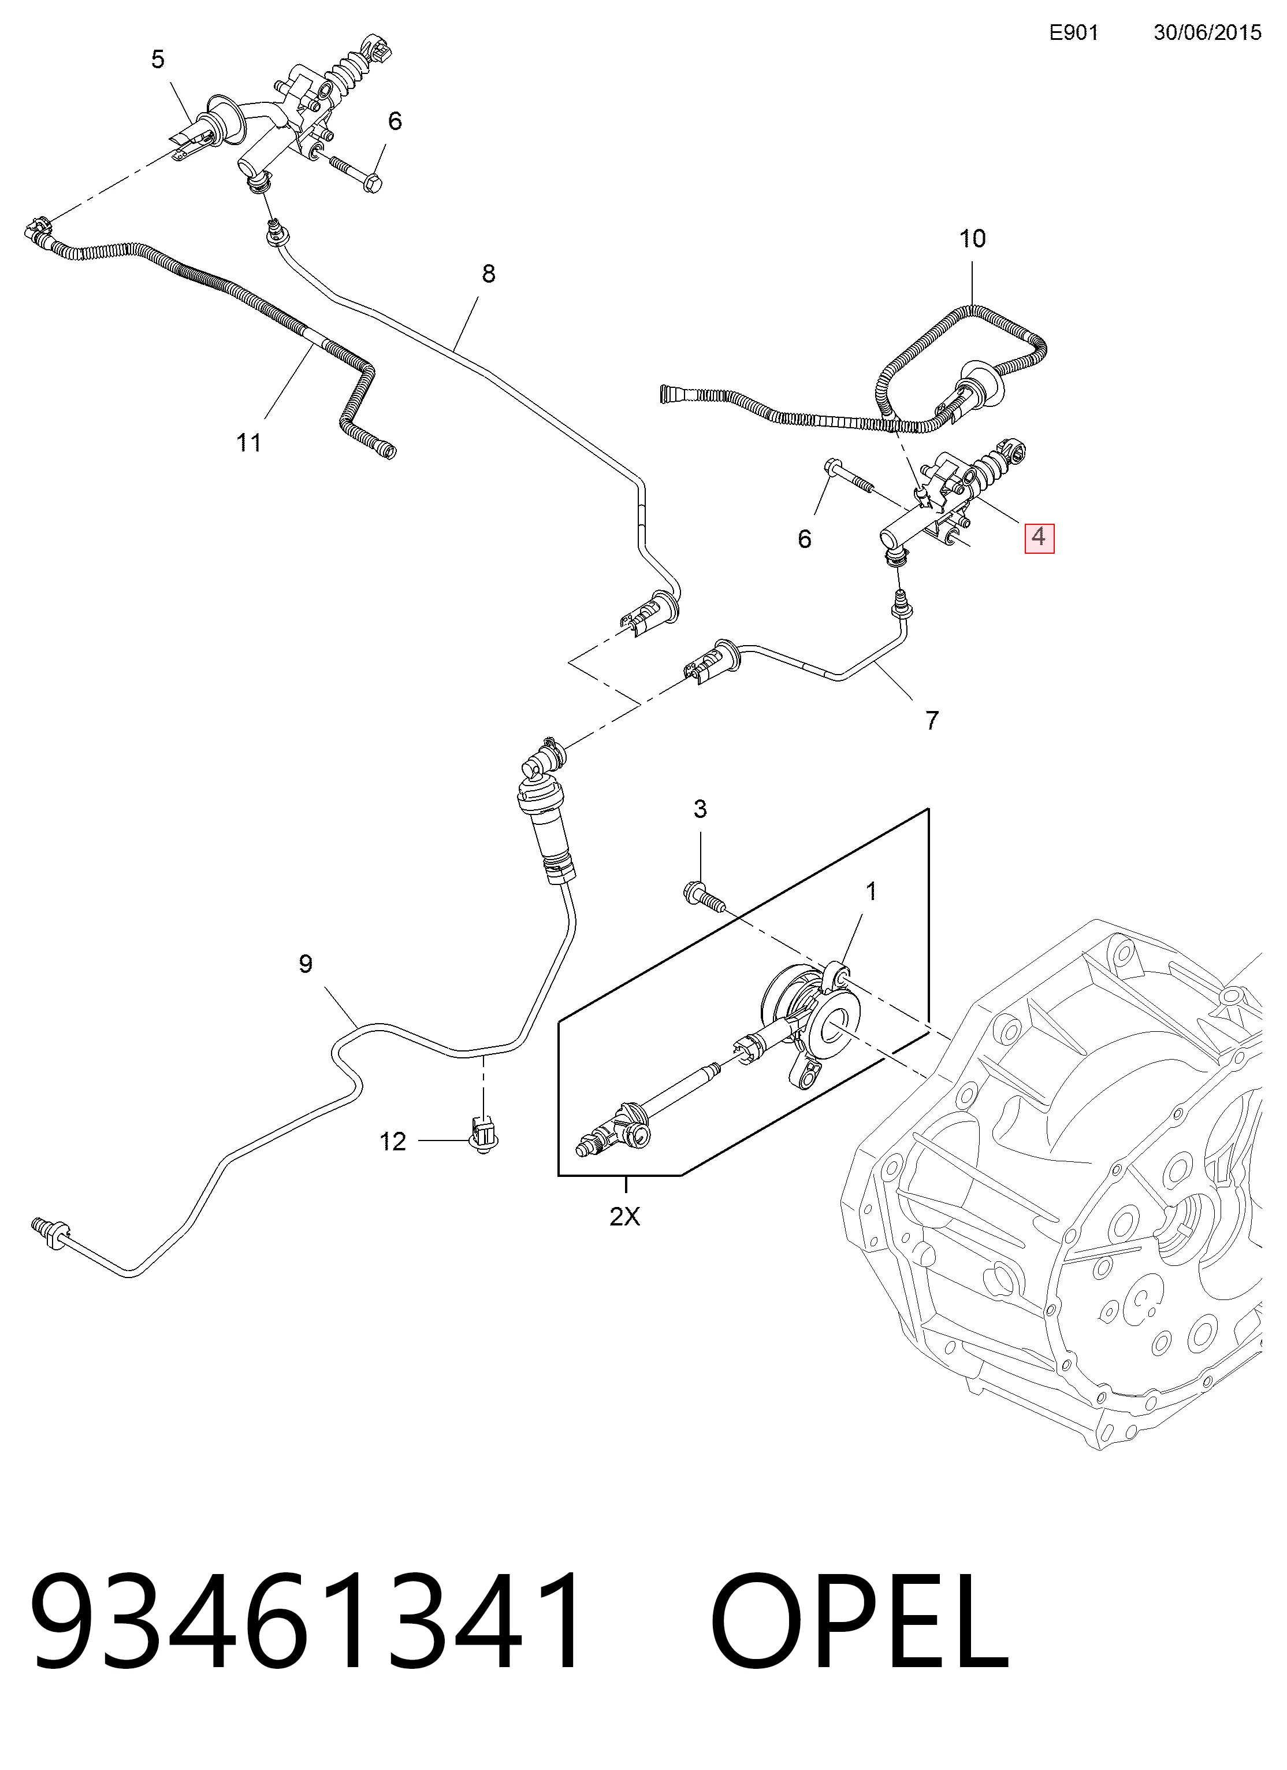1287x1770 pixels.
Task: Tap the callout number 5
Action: point(158,60)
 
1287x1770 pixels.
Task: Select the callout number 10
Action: point(973,238)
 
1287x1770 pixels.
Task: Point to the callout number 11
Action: point(249,443)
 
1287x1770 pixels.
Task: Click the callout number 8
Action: point(488,274)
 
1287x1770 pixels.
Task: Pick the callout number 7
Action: point(932,720)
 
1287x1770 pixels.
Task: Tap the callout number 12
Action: point(393,1142)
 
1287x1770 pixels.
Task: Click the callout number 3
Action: point(701,809)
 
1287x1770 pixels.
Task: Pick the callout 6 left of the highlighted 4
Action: point(805,539)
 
